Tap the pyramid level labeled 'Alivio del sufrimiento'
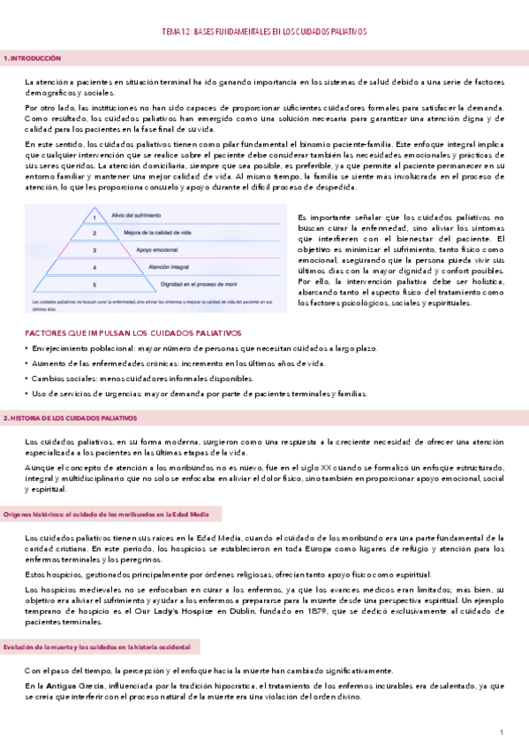point(133,214)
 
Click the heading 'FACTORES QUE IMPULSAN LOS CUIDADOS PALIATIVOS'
point(133,333)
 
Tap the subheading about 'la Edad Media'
point(110,514)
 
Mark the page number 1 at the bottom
point(501,732)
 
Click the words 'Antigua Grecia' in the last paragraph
point(72,685)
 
